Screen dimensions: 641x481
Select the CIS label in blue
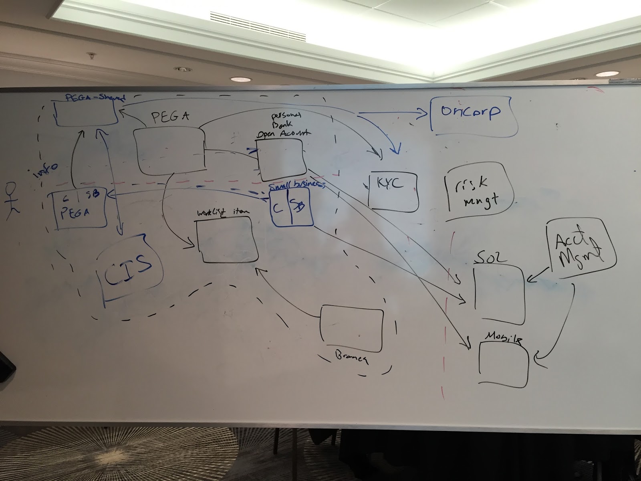(x=127, y=268)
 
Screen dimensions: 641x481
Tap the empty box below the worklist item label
(x=227, y=240)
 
